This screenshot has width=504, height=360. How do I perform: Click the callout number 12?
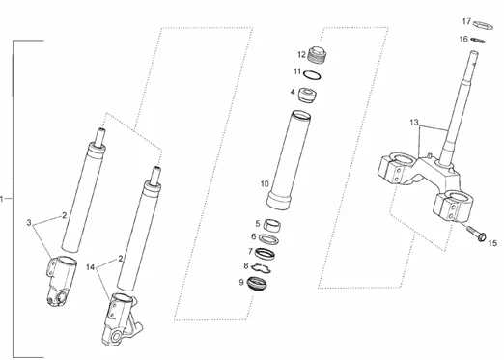coord(301,55)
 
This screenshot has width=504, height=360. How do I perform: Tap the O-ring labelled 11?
coord(312,75)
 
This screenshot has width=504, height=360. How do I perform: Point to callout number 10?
coord(265,184)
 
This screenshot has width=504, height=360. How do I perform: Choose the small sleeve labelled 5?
coord(272,225)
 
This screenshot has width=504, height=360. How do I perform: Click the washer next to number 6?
coord(268,239)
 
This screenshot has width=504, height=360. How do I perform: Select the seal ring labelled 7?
coord(265,254)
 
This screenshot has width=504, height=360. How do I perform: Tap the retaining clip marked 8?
coord(262,268)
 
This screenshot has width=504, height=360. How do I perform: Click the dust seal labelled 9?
coord(257,284)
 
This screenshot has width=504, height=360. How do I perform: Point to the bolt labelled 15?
coord(476,235)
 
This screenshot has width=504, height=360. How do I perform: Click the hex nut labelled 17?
coord(484,25)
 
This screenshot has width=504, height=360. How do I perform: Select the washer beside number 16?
coord(478,41)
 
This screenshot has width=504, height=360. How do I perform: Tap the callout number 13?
coord(414,123)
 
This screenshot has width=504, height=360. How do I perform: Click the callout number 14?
coord(91,267)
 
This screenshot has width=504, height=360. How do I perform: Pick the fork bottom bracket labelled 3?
coord(62,281)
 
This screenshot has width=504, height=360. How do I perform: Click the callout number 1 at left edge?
coord(2,199)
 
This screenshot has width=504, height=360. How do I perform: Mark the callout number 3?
coord(29,222)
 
